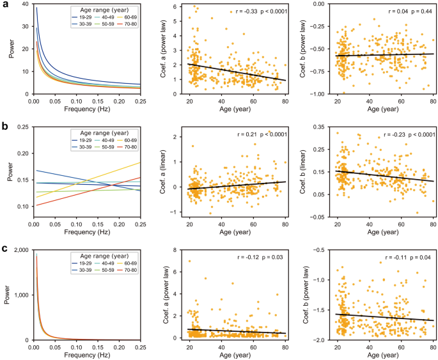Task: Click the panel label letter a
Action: (x=4, y=6)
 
